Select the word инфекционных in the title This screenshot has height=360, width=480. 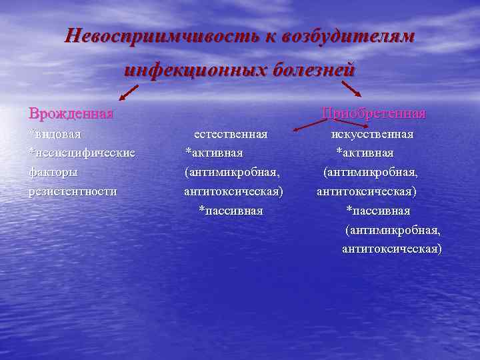(195, 70)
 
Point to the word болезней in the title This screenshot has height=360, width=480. (312, 70)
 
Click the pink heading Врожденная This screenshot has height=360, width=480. (70, 113)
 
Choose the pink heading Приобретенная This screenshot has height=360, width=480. (373, 113)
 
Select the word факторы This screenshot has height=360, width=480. (53, 172)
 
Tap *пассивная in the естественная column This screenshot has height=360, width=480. (231, 211)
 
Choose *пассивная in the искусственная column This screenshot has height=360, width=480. (378, 211)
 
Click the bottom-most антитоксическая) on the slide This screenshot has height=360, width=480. (391, 249)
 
